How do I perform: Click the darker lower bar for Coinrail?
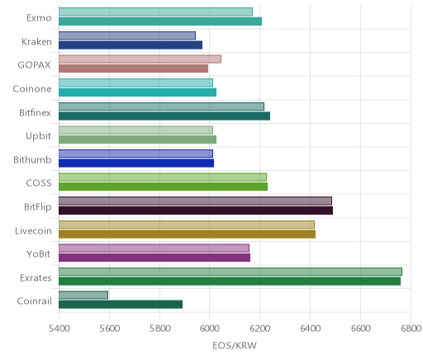[121, 305]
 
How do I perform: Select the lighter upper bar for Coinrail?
[83, 295]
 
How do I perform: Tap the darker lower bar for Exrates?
[230, 281]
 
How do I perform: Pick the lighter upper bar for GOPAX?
[140, 59]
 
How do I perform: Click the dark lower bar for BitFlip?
[196, 211]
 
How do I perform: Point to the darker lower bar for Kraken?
[131, 45]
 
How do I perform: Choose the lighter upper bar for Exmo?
[155, 12]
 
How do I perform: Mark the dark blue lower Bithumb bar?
[136, 163]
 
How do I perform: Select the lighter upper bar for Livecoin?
[187, 225]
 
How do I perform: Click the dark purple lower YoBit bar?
[154, 258]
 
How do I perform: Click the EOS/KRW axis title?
[235, 345]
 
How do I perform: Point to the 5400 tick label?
[59, 329]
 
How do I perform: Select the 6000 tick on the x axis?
[210, 329]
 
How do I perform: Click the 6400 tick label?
[311, 329]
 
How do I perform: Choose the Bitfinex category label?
[35, 112]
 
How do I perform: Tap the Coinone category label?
[32, 89]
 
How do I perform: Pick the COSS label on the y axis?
[39, 183]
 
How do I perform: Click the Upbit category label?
[38, 136]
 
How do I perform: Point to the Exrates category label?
[36, 277]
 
